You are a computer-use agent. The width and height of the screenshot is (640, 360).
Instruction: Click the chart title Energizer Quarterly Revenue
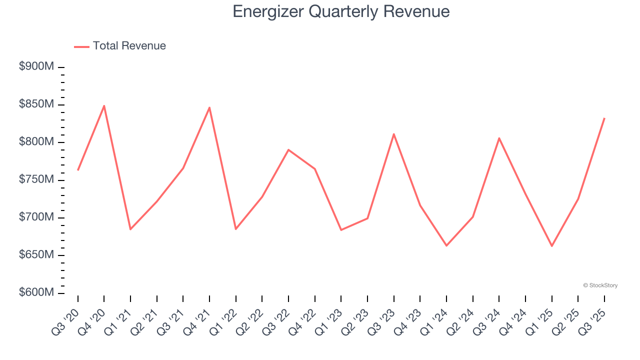[341, 11]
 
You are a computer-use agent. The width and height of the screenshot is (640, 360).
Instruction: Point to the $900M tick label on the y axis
[36, 67]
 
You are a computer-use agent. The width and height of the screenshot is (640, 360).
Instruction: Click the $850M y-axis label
[36, 104]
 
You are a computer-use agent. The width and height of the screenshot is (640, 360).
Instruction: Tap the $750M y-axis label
[36, 180]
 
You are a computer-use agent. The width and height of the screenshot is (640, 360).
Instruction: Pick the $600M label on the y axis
[36, 292]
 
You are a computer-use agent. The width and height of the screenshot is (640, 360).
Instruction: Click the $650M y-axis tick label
[36, 255]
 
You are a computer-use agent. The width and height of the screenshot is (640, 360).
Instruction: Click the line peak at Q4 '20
[104, 106]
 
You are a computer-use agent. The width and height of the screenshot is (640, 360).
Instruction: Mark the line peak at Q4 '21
[209, 107]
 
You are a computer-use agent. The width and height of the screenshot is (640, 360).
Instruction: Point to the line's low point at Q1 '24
[446, 245]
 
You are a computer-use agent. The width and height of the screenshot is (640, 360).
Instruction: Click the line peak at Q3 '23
[394, 134]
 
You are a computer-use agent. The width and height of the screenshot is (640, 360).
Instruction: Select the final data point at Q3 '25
[604, 118]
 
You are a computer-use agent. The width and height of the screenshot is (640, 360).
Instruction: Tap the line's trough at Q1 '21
[130, 229]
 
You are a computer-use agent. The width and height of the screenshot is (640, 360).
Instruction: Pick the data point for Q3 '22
[288, 149]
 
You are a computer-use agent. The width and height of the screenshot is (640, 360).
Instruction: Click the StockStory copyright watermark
[600, 285]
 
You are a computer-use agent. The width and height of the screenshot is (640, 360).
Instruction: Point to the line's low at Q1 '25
[552, 246]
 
